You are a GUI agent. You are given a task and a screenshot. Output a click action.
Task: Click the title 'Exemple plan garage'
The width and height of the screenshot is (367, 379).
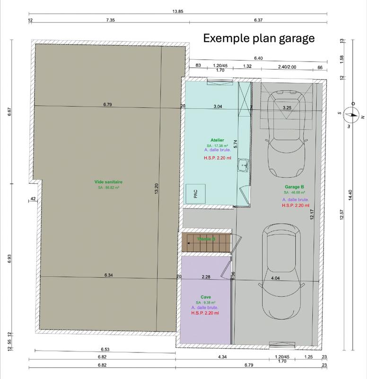tap(259, 38)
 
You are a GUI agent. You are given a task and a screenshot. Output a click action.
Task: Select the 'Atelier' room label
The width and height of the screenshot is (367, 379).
tap(218, 141)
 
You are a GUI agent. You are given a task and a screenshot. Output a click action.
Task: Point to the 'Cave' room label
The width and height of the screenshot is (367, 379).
tap(206, 297)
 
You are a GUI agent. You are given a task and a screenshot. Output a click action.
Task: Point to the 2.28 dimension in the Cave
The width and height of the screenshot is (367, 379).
tap(206, 276)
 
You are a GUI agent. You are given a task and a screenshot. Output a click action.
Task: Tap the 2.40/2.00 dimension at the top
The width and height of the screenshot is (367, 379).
tap(287, 67)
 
